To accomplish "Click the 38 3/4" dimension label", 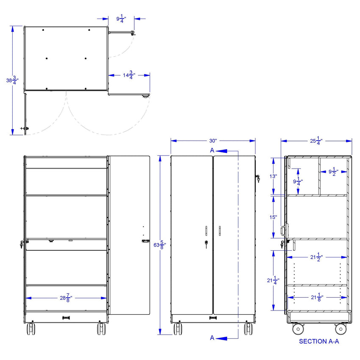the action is pos(12,80).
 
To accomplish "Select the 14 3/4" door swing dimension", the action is pos(129,75).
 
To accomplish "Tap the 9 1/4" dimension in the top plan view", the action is pos(121,19).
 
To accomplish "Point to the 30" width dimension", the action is pos(213,141).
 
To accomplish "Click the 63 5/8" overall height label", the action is pos(160,245).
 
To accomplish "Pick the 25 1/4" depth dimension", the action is pos(316,141).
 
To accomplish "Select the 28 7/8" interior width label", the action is pos(66,298).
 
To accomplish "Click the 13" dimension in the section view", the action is pos(273,176).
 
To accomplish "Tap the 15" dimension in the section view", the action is pos(273,217).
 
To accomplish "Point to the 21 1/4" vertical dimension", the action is pos(273,280).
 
